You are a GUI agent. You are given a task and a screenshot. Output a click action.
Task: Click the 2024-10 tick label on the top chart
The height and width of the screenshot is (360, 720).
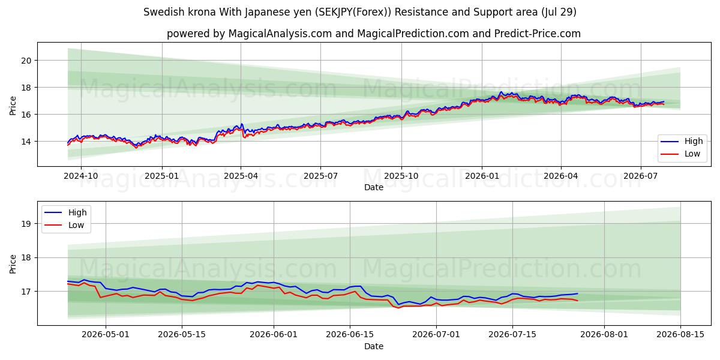tap(81, 176)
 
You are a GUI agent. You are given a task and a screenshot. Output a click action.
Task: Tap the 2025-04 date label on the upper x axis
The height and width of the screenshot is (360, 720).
tap(241, 176)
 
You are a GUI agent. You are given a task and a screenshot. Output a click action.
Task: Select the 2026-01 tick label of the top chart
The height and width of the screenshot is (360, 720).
tap(482, 176)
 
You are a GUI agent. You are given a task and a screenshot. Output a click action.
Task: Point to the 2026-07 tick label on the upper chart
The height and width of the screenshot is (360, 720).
tap(641, 176)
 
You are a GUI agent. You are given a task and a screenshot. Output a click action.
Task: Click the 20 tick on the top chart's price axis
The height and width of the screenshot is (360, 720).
tap(26, 61)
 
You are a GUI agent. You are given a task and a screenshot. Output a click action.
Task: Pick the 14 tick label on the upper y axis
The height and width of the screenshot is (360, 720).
tap(26, 142)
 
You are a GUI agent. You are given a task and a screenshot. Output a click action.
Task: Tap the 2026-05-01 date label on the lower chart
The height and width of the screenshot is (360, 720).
tap(106, 335)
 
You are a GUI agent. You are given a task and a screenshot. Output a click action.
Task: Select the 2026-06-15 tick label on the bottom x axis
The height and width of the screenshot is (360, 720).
tap(350, 335)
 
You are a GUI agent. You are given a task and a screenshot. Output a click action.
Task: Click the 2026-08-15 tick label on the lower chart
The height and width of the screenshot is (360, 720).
tap(680, 335)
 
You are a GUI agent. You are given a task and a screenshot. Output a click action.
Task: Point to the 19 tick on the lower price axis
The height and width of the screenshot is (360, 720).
tap(26, 224)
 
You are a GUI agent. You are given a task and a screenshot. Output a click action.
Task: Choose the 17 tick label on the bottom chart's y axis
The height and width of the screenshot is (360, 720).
tap(26, 292)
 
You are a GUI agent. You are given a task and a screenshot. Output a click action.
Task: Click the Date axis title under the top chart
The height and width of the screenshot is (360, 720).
tap(374, 187)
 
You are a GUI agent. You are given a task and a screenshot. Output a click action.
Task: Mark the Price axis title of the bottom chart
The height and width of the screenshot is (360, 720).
tap(13, 264)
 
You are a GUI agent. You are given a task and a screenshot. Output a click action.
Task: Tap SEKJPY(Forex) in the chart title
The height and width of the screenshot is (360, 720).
tap(353, 12)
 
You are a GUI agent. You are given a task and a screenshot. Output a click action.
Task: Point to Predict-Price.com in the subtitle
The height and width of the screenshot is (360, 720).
tap(538, 34)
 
